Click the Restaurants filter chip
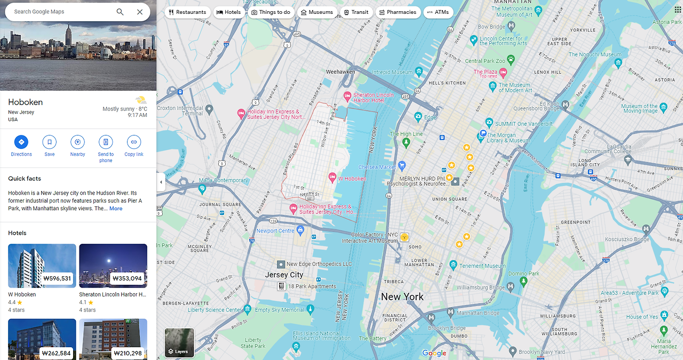point(187,12)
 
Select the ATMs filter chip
point(438,12)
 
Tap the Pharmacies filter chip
point(397,12)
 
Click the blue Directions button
point(21,142)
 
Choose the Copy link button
point(133,142)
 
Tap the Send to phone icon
point(106,142)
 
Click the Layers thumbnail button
point(179,342)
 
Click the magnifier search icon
point(120,12)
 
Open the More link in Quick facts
point(116,209)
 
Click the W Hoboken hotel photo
point(42,266)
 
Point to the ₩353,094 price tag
point(127,278)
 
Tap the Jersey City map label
point(284,275)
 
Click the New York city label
point(402,297)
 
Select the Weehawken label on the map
point(340,72)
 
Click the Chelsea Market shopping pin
point(402,166)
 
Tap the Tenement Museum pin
point(454,265)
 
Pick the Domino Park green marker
point(523,281)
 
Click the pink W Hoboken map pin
point(332,177)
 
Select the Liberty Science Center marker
point(248,309)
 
